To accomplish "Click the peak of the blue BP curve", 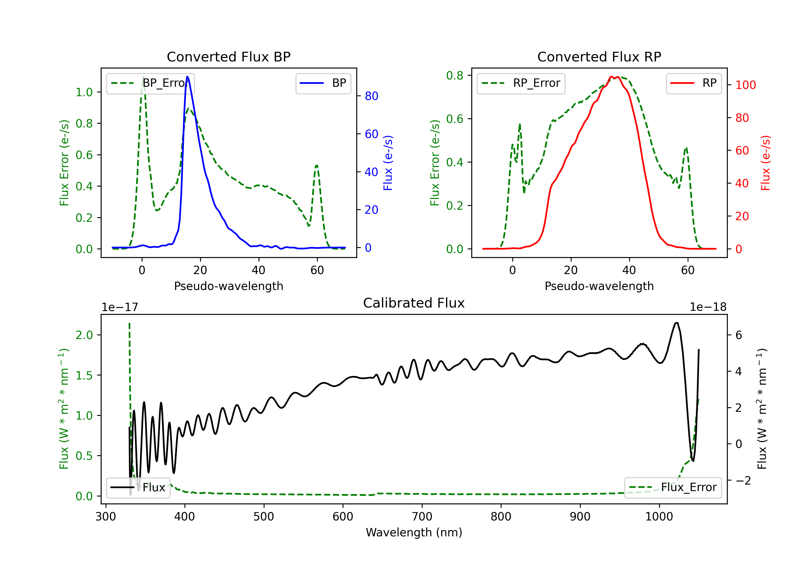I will coord(187,77).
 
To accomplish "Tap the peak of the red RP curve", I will coord(611,77).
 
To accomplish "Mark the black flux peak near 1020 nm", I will coord(676,323).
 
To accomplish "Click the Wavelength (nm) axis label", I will coord(414,532).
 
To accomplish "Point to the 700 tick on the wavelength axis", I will coord(422,517).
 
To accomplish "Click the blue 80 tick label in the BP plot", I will coord(371,96).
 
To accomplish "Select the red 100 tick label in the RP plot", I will coord(745,85).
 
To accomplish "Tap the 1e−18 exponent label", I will coord(708,307).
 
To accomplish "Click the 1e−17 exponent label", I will coord(120,307).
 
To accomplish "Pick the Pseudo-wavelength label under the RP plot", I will coord(599,286).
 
